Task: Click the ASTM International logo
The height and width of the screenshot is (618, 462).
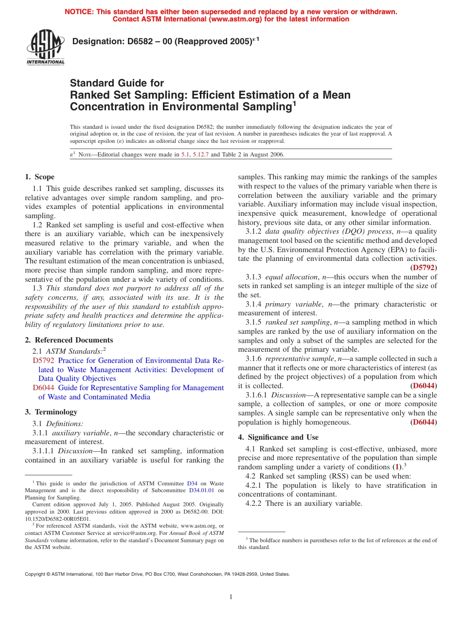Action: tap(45, 47)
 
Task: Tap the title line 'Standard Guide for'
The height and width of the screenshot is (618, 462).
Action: tap(117, 83)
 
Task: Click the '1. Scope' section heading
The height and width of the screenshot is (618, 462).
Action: tap(40, 177)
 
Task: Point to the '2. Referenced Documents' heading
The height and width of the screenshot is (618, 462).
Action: tap(69, 340)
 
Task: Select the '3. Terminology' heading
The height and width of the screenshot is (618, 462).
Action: tap(51, 412)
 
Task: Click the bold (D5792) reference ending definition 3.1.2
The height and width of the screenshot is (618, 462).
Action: tap(423, 267)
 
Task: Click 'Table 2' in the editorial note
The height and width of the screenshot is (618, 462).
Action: tap(230, 154)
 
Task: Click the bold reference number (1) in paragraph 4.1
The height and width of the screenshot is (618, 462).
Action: tap(397, 467)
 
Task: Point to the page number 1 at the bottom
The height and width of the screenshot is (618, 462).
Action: tap(231, 597)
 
